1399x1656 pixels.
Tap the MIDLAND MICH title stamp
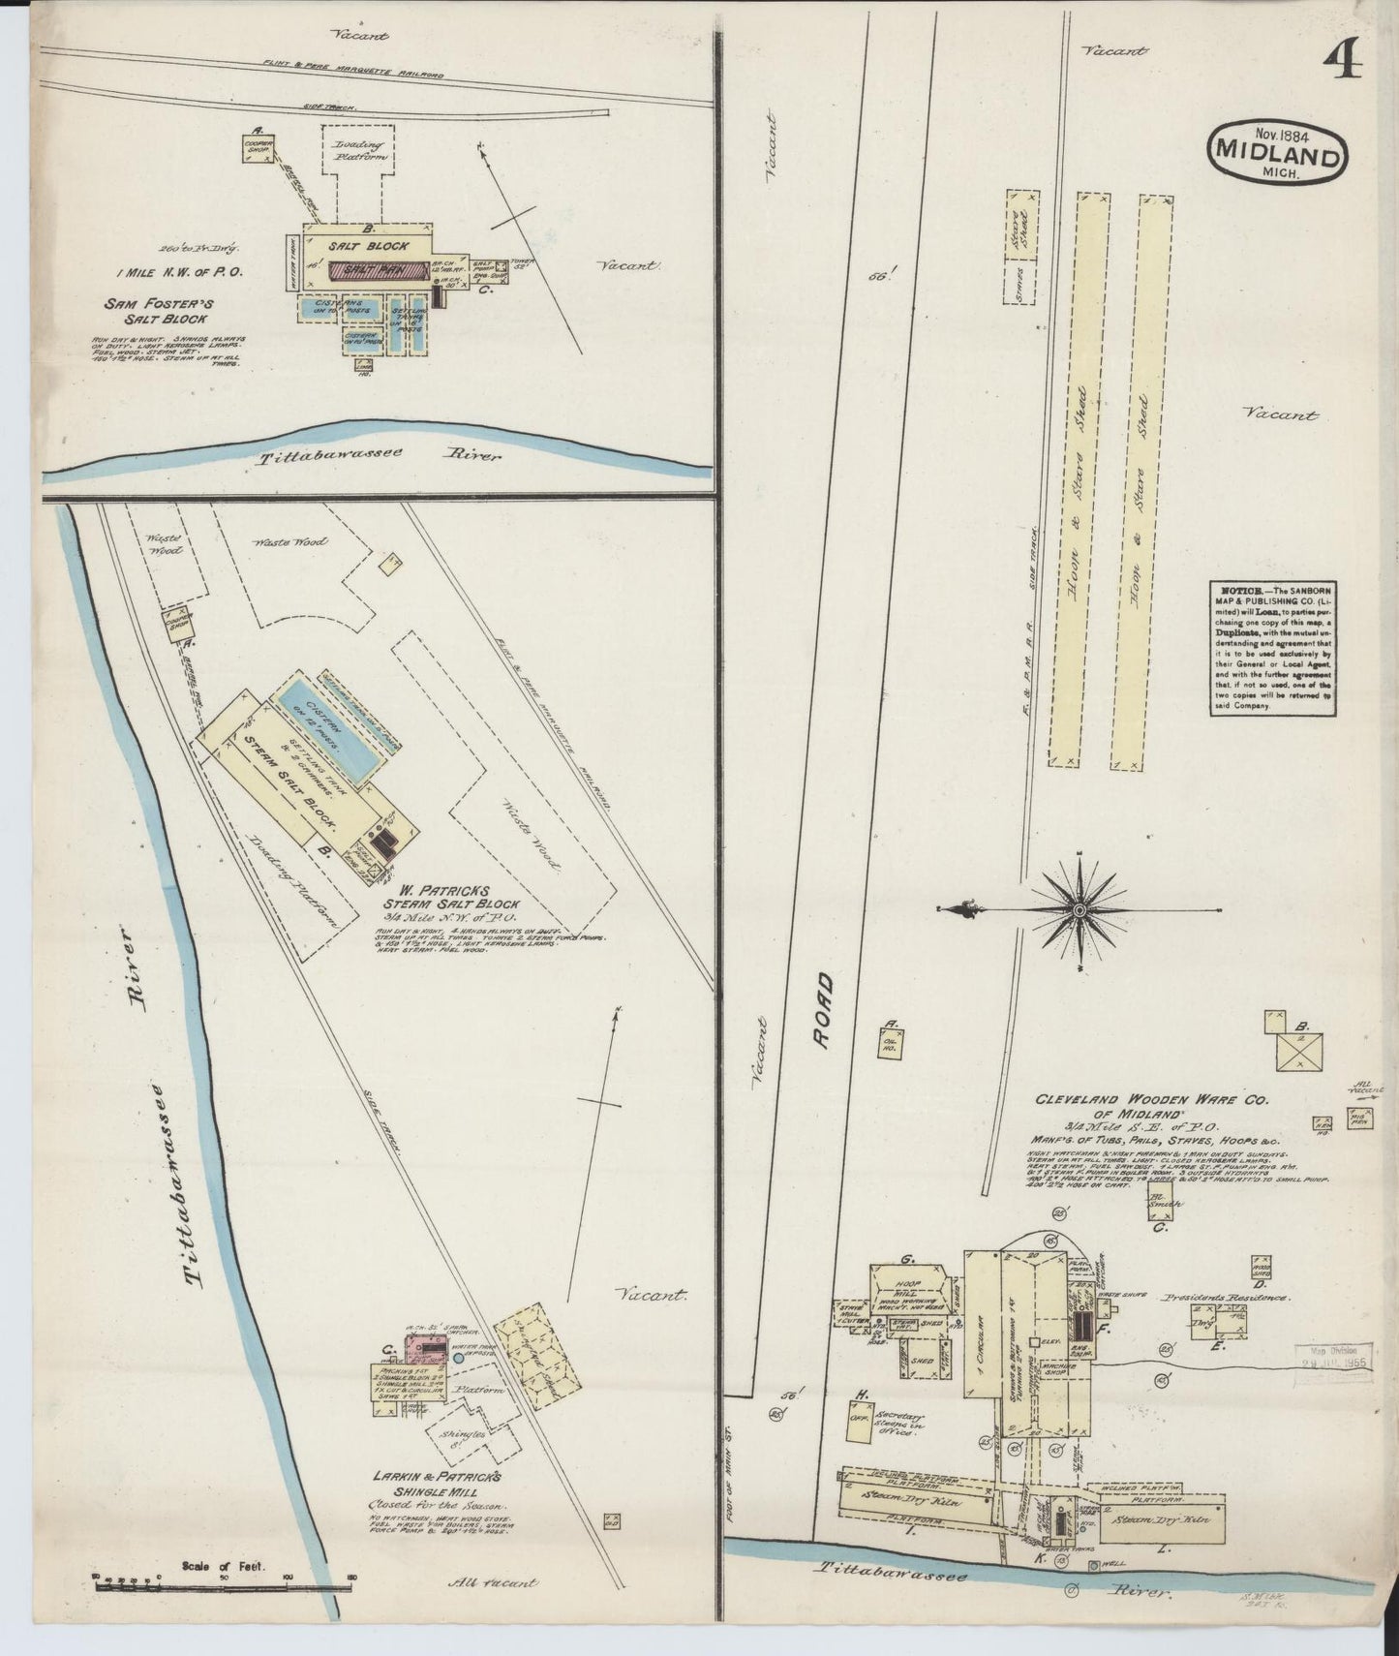tap(1277, 152)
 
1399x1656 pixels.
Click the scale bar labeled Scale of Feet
tap(223, 1584)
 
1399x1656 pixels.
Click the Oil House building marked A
tap(890, 1041)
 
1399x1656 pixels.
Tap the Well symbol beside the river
tap(1094, 1566)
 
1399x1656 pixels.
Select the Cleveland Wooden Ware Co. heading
tap(1142, 1106)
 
